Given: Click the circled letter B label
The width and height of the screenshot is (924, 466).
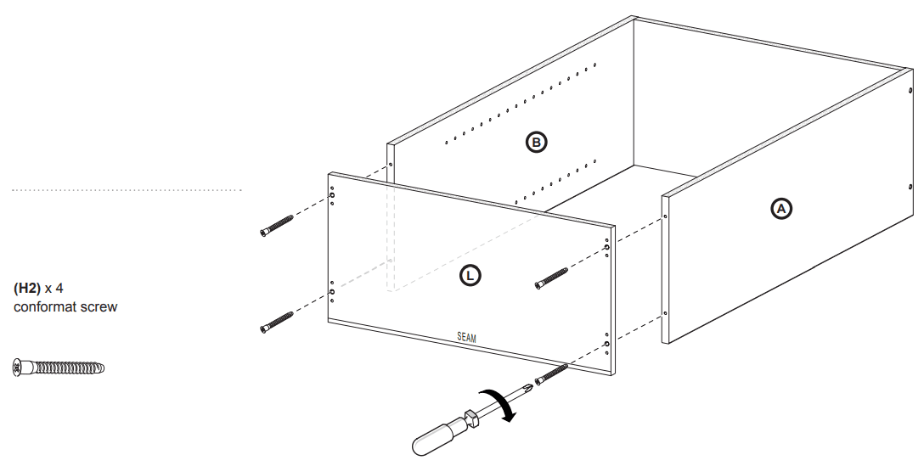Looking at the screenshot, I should [536, 143].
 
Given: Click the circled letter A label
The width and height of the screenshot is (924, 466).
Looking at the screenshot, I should [780, 208].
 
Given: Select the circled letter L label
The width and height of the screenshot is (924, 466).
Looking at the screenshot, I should [470, 274].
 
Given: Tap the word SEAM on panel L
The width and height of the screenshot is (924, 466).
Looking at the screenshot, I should [466, 337].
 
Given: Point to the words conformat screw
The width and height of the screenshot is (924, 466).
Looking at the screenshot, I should [65, 306].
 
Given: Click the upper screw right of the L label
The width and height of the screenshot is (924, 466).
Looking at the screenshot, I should [551, 278].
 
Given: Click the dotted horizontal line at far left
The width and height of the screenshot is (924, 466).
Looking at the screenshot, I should [127, 190].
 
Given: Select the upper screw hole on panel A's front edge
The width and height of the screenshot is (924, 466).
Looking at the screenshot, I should [665, 217].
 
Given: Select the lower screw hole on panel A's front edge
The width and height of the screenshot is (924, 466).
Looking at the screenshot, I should [665, 314].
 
